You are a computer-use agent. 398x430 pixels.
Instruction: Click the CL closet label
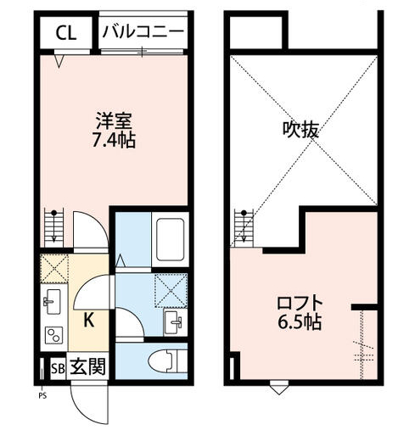pyautogui.click(x=65, y=33)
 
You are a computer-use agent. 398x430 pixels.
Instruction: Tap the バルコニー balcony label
pyautogui.click(x=143, y=33)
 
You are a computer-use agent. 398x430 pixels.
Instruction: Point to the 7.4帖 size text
pyautogui.click(x=113, y=140)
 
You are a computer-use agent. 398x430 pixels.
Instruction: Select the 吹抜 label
pyautogui.click(x=301, y=130)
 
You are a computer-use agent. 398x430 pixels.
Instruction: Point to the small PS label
pyautogui.click(x=41, y=394)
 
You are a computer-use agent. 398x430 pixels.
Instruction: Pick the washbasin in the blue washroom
pyautogui.click(x=176, y=321)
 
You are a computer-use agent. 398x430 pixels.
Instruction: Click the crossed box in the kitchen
pyautogui.click(x=53, y=268)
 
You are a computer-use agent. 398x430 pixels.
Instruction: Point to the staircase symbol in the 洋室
pyautogui.click(x=53, y=229)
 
